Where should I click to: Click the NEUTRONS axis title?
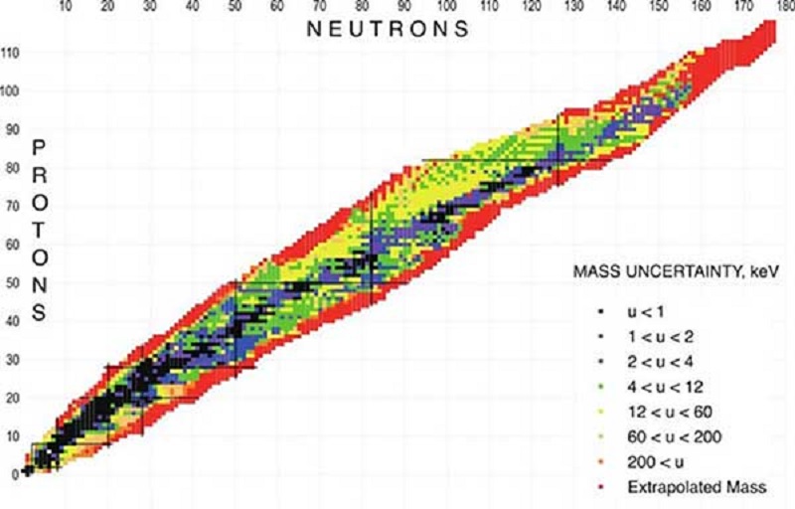pos(388,29)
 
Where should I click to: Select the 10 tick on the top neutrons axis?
pos(65,7)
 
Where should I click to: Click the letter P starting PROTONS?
pos(40,147)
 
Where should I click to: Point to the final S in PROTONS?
pos(40,314)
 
